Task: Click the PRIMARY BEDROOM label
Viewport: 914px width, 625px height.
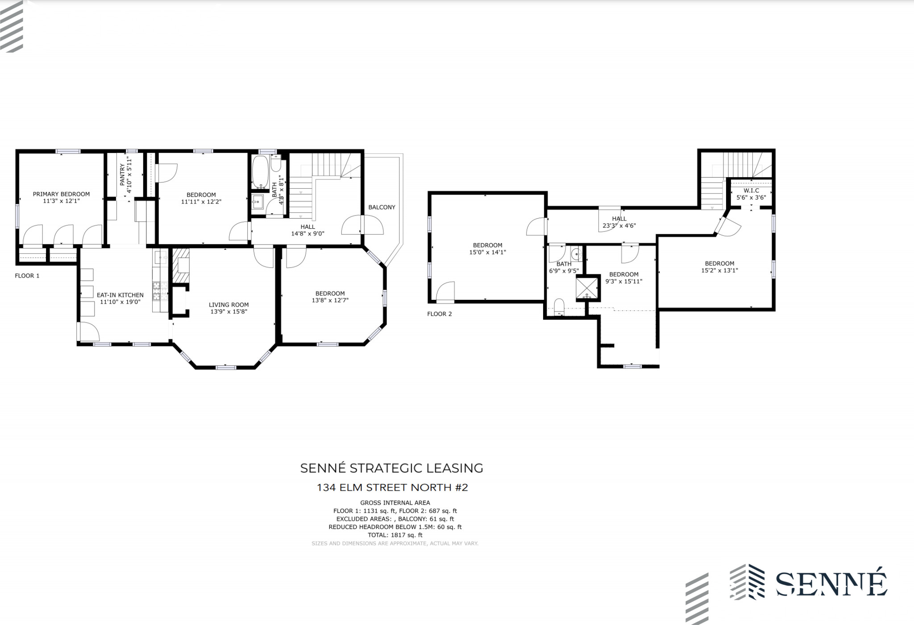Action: pos(61,194)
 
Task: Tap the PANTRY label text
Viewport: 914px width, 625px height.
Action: pos(123,174)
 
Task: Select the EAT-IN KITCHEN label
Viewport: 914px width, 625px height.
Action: pos(120,295)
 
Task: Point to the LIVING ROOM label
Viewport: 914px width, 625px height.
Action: pos(228,305)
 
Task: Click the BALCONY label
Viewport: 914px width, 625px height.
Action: pos(382,207)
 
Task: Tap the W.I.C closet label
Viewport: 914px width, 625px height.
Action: pos(751,190)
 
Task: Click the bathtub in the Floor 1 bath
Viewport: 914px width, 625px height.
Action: pos(259,172)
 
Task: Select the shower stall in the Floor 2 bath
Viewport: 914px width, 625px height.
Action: pos(587,287)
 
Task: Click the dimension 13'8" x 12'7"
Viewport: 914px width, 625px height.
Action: pos(330,300)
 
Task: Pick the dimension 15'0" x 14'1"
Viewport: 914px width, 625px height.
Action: pos(487,252)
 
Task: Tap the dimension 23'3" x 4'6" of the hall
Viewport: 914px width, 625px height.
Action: pos(619,225)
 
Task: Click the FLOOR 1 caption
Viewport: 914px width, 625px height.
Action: pos(27,276)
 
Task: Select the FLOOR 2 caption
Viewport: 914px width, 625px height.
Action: pos(440,314)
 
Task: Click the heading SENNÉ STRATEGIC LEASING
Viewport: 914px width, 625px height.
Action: pos(391,468)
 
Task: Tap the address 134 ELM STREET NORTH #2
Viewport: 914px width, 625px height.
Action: pos(392,488)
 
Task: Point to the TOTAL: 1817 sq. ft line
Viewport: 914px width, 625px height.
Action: pos(395,535)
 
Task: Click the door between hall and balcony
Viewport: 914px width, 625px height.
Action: pos(362,225)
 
